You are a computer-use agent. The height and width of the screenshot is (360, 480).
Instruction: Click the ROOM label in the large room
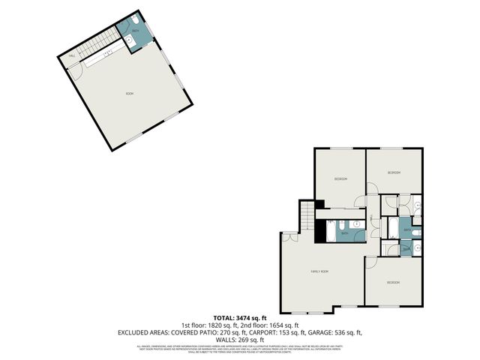click(x=129, y=93)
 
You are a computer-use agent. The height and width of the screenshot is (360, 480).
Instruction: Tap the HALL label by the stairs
click(x=73, y=55)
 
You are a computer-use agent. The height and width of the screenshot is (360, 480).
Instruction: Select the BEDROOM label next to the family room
click(x=393, y=282)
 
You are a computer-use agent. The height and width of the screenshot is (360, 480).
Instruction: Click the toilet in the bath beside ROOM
click(x=135, y=20)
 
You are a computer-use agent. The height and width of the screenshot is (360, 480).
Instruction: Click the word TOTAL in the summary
click(x=225, y=319)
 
